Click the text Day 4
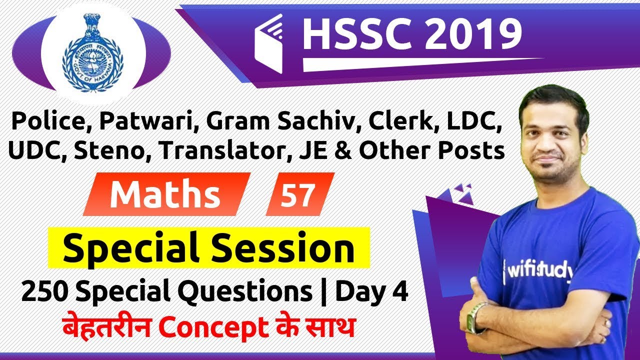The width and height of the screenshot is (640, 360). (x=371, y=290)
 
